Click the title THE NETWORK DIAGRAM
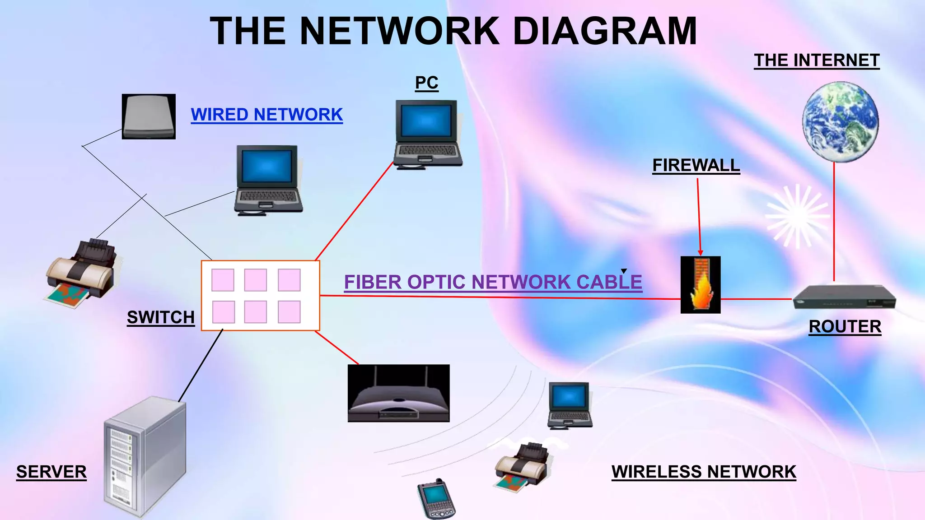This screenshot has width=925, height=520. tap(453, 31)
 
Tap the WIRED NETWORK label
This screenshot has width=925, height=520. tap(266, 115)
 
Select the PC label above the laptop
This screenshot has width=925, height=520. tap(426, 83)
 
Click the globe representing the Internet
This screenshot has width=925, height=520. tap(840, 122)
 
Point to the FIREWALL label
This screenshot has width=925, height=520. tap(696, 165)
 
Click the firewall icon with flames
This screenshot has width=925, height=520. tap(701, 285)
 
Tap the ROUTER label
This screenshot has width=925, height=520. tap(845, 326)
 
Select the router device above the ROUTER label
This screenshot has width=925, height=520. tap(844, 297)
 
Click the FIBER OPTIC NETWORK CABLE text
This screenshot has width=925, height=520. tap(493, 282)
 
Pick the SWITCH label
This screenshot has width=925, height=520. tap(160, 317)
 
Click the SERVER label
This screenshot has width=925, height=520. tap(51, 472)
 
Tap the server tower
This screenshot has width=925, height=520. tap(145, 456)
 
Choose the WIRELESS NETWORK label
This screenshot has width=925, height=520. tap(703, 472)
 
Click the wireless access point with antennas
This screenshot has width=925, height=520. tap(398, 394)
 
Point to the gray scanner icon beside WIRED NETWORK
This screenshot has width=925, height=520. tap(149, 116)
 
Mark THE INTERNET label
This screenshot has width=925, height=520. tap(817, 60)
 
